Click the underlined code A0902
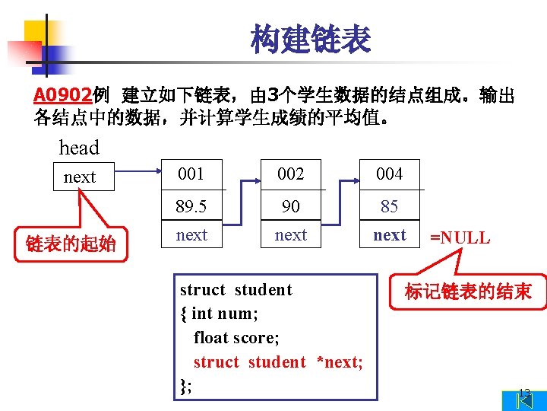tap(62, 96)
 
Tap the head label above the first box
tap(79, 147)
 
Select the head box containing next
tap(80, 177)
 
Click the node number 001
tap(191, 174)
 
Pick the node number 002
tap(290, 174)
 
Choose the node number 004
tap(390, 174)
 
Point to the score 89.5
tap(191, 206)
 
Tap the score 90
tap(290, 206)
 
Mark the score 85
tap(390, 206)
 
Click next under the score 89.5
tap(191, 235)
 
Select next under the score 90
tap(290, 235)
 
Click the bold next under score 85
tap(390, 235)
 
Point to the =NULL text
tap(460, 238)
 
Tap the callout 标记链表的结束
tap(467, 292)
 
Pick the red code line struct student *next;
tap(277, 362)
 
